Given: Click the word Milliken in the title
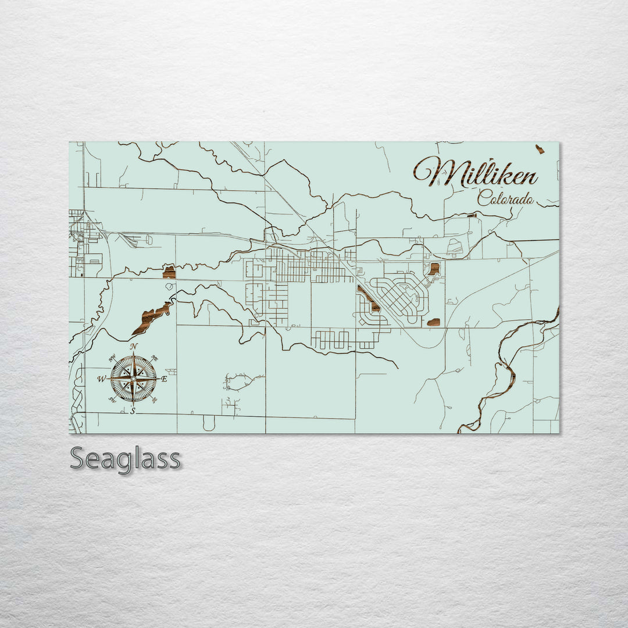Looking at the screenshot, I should tap(476, 172).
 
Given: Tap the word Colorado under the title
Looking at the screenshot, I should tap(505, 199).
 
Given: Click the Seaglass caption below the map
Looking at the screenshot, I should tap(125, 459).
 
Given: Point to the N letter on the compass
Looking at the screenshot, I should tap(134, 347).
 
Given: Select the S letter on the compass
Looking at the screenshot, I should tap(133, 411).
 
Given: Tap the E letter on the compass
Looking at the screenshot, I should tap(164, 379).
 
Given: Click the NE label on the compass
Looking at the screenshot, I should tap(155, 359).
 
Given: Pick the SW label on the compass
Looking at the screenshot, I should tap(112, 400).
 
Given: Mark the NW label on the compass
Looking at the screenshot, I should tap(113, 358).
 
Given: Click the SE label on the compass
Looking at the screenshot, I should tap(155, 400).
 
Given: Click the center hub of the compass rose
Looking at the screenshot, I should tap(133, 379).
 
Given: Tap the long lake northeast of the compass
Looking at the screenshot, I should tap(151, 317).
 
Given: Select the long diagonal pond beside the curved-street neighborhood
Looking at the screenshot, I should tap(369, 298).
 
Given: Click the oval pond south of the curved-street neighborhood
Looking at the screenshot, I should tap(433, 322).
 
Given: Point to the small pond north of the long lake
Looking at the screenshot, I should tap(169, 272).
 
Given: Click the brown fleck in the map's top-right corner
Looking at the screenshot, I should tap(540, 149).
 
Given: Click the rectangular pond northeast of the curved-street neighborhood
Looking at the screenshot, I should tap(434, 269).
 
